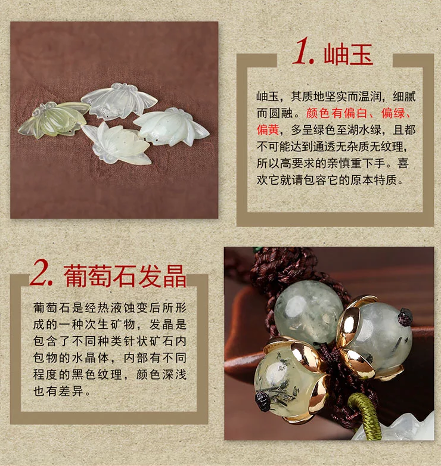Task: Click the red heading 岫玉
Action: (x=349, y=54)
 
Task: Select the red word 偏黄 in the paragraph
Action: (x=268, y=129)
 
